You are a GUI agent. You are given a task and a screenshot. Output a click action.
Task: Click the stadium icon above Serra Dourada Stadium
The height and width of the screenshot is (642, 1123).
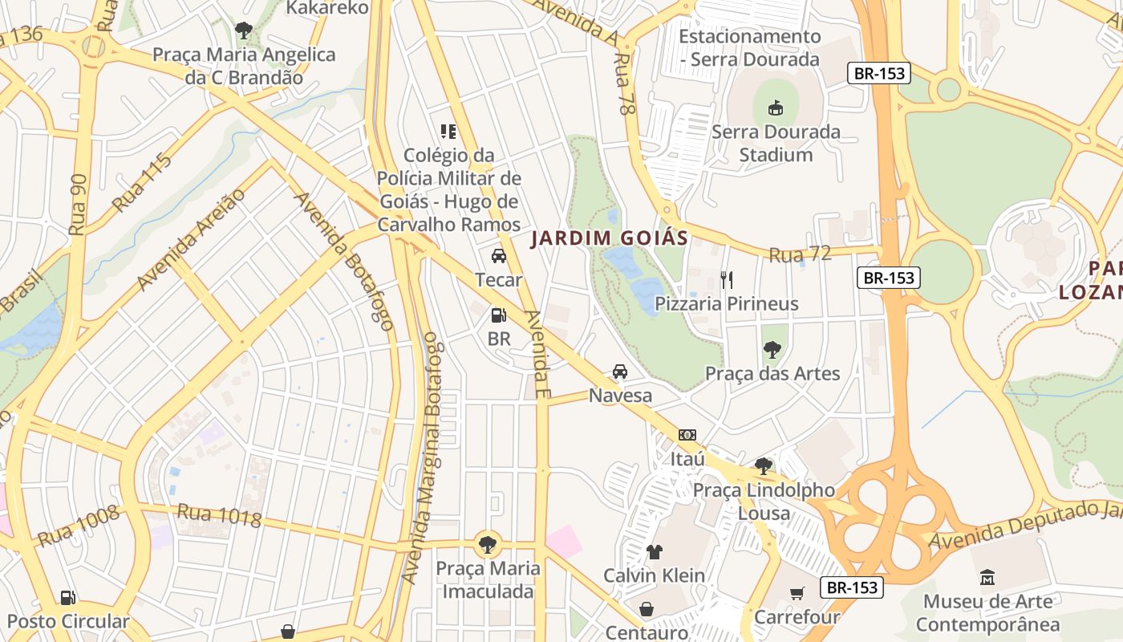775,108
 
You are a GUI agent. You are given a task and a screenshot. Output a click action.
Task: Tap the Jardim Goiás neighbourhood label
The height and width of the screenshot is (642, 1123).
610,238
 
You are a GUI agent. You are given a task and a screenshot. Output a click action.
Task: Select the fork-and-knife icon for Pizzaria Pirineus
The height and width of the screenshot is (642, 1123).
727,279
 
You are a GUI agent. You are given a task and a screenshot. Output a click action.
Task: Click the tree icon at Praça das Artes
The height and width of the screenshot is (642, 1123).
772,349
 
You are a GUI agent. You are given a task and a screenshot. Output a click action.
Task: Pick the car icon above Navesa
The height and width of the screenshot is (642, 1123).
620,372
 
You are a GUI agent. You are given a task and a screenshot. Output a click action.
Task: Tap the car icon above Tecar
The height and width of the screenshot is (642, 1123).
498,256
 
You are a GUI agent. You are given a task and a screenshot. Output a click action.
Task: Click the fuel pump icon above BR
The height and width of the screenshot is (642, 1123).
498,315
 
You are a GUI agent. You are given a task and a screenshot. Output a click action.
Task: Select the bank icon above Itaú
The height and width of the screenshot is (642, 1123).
687,435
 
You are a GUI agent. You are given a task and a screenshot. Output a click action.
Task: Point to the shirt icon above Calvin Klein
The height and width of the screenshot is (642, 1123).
655,552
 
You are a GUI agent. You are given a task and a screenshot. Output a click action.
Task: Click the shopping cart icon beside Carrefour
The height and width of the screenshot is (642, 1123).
797,594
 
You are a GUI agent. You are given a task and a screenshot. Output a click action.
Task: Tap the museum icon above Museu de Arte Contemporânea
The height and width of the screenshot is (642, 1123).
987,577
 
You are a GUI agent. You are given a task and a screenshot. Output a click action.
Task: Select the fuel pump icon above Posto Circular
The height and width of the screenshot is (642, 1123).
68,597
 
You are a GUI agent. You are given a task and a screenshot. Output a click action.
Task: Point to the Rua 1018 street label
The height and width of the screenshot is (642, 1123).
219,515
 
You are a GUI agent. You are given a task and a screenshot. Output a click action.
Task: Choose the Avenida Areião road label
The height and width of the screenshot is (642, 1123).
191,240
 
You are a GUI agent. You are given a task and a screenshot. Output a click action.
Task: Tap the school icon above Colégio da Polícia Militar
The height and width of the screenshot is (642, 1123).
448,131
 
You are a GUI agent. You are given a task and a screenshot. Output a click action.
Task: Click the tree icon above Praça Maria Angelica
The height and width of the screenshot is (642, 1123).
243,31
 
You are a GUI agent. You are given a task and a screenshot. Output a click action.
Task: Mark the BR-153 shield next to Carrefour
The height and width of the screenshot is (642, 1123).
852,587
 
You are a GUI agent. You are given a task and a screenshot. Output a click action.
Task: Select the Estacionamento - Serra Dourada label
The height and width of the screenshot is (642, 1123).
750,47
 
